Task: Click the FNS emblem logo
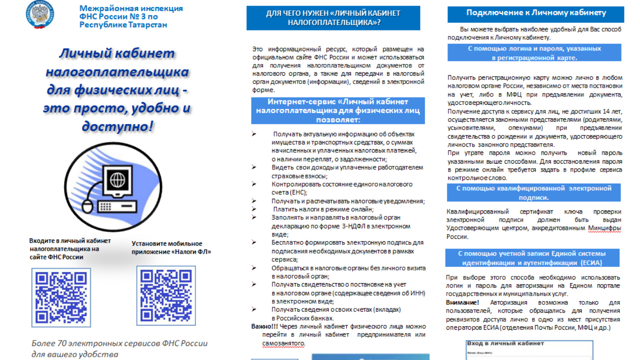point(40,14)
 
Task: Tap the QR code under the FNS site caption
point(61,297)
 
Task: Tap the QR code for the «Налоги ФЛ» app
point(166,296)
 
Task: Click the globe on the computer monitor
point(118,180)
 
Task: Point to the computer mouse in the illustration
point(88,206)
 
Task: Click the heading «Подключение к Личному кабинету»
point(536,13)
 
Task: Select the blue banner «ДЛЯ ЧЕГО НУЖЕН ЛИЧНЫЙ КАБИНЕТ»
point(333,18)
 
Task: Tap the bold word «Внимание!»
point(462,302)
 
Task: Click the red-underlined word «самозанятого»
point(283,343)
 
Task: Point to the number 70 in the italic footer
point(62,343)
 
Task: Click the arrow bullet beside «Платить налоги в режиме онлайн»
point(254,209)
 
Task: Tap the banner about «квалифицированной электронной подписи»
point(534,192)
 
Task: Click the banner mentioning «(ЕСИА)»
point(532,258)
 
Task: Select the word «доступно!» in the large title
point(117,126)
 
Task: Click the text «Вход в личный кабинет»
point(505,343)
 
